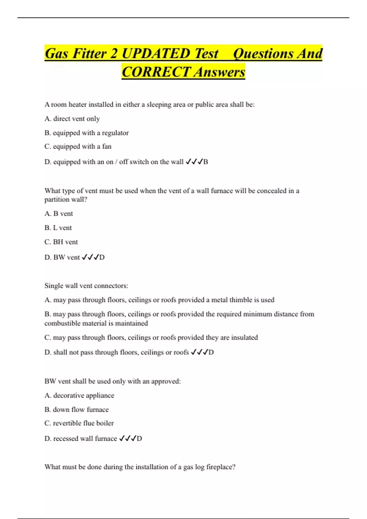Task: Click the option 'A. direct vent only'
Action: point(72,119)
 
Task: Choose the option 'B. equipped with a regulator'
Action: point(87,133)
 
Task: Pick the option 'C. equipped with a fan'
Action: point(78,147)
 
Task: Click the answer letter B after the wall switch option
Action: point(206,162)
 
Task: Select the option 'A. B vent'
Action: point(59,214)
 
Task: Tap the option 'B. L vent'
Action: point(58,228)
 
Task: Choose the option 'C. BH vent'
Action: point(61,242)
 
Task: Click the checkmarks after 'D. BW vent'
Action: point(90,257)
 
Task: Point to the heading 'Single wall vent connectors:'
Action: point(86,286)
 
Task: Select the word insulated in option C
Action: point(244,338)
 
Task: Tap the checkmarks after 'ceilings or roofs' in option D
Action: point(199,352)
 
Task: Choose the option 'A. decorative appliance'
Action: point(79,396)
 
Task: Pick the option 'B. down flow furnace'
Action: point(76,410)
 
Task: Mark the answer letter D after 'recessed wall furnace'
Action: point(139,439)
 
